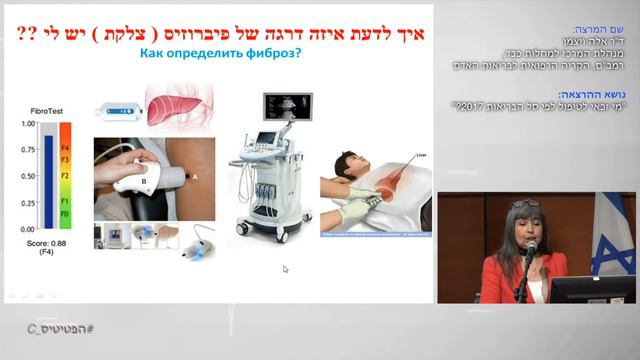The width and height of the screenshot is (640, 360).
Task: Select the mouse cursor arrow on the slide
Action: click(x=285, y=268)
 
